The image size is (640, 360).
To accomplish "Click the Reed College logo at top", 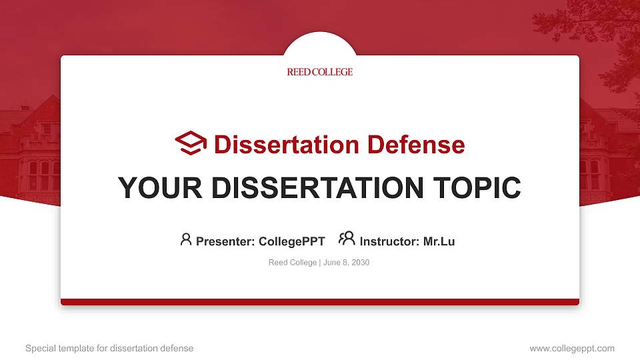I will [x=320, y=72].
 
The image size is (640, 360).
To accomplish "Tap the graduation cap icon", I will [x=191, y=143].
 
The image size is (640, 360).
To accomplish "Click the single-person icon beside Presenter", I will [x=186, y=239].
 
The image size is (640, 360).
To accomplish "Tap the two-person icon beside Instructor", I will [x=347, y=239].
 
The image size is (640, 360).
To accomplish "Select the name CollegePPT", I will [x=291, y=241].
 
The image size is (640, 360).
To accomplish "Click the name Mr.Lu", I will [x=439, y=241].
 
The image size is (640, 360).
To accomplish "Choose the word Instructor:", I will [x=389, y=241].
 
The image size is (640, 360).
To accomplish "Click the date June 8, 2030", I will [x=347, y=263].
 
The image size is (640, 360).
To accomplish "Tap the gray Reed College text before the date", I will [x=293, y=263].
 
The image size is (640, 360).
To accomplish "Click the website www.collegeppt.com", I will [x=571, y=348].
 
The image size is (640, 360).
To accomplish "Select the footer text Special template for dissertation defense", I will [x=109, y=348].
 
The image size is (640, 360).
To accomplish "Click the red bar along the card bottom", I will [x=320, y=302].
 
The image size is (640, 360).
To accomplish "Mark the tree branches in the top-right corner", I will [x=593, y=27].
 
